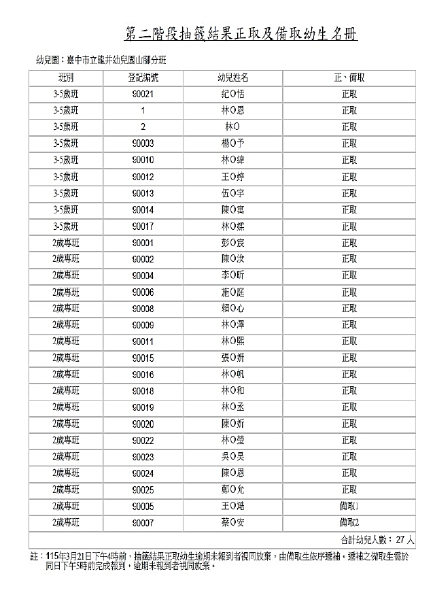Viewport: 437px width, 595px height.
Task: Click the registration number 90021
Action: tap(143, 95)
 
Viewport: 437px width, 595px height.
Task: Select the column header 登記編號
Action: tap(143, 78)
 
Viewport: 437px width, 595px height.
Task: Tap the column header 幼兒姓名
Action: tap(232, 78)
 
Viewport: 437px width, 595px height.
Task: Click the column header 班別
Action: tap(66, 78)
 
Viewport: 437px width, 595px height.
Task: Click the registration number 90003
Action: tap(143, 143)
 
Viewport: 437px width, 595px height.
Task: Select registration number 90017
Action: tap(143, 226)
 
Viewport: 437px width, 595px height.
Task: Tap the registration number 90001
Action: tap(143, 243)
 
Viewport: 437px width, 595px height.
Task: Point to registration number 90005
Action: tap(143, 506)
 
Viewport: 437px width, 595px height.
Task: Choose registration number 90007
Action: tap(143, 522)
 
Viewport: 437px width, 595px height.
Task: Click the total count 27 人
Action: tap(404, 539)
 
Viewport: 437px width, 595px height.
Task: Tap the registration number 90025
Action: tap(143, 490)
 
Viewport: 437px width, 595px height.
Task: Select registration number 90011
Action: tap(143, 341)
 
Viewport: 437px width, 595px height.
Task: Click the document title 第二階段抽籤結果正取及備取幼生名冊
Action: tap(242, 34)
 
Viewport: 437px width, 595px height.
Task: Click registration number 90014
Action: tap(143, 209)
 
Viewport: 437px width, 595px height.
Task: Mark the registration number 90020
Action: tap(143, 424)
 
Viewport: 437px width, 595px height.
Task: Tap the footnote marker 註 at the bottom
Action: tap(35, 556)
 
